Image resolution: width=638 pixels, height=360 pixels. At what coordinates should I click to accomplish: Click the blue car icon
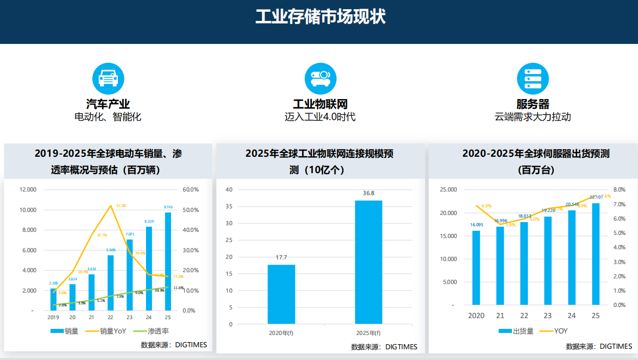point(108,78)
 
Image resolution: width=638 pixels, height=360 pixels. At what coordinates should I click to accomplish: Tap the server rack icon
point(533,78)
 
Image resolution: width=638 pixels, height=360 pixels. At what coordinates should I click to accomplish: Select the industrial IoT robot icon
point(321,78)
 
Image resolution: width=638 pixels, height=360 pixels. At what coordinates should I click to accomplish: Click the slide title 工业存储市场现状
point(320,16)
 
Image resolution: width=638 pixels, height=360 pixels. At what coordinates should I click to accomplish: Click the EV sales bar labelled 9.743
point(168,260)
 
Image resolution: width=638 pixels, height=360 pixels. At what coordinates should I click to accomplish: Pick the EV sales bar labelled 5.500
point(111,282)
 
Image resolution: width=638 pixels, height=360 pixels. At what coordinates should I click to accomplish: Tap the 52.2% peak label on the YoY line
point(121,205)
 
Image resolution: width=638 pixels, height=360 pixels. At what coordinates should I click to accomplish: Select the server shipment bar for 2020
point(476,267)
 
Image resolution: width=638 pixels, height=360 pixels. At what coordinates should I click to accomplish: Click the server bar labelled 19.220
point(548,260)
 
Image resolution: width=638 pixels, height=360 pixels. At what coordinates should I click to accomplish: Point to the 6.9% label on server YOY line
point(486,206)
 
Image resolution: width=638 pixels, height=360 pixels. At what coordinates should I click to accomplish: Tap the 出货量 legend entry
point(516,331)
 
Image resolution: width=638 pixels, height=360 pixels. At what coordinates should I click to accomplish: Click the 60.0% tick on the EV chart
point(190,189)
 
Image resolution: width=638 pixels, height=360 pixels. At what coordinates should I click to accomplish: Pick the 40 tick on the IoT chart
point(229,189)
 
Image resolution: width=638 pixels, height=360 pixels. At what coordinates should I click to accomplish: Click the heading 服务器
point(533,104)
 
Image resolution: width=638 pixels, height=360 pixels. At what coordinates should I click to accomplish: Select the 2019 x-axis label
point(53,317)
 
